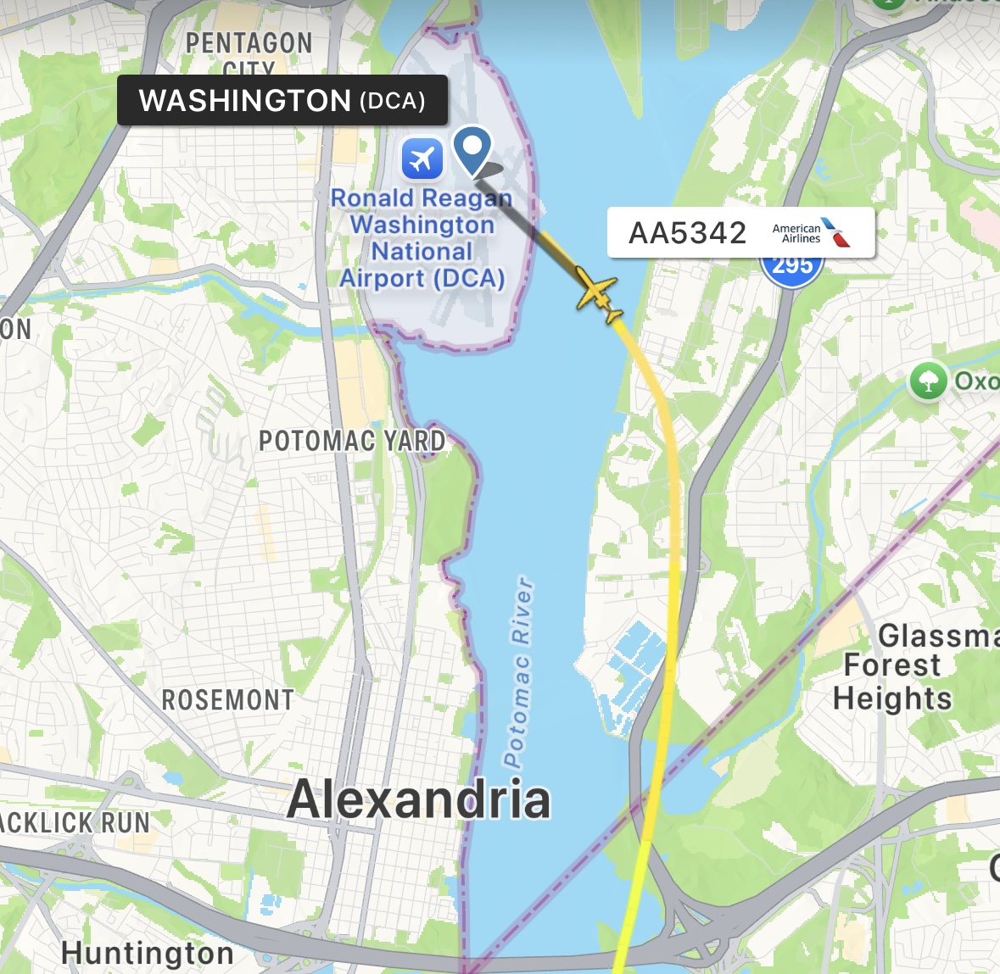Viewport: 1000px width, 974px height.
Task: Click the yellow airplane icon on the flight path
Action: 599,293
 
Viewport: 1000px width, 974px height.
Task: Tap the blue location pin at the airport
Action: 472,149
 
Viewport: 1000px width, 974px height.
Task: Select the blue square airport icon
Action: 422,158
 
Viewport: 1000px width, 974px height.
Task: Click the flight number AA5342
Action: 687,233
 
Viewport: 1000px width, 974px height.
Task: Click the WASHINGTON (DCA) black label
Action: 282,101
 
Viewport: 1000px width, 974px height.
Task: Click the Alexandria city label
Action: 419,799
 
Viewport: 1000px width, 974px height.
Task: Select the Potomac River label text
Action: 518,671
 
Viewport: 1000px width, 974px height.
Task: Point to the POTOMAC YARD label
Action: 352,441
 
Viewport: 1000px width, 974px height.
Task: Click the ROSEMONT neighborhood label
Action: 228,700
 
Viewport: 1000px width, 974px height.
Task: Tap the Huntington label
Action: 148,953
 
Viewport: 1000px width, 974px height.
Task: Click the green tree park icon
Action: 928,381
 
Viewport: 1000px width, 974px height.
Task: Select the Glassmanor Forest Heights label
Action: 908,666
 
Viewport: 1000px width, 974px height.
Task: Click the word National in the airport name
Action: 422,252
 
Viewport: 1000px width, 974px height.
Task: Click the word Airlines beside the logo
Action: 801,239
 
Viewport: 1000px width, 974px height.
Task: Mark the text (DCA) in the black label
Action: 392,102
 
